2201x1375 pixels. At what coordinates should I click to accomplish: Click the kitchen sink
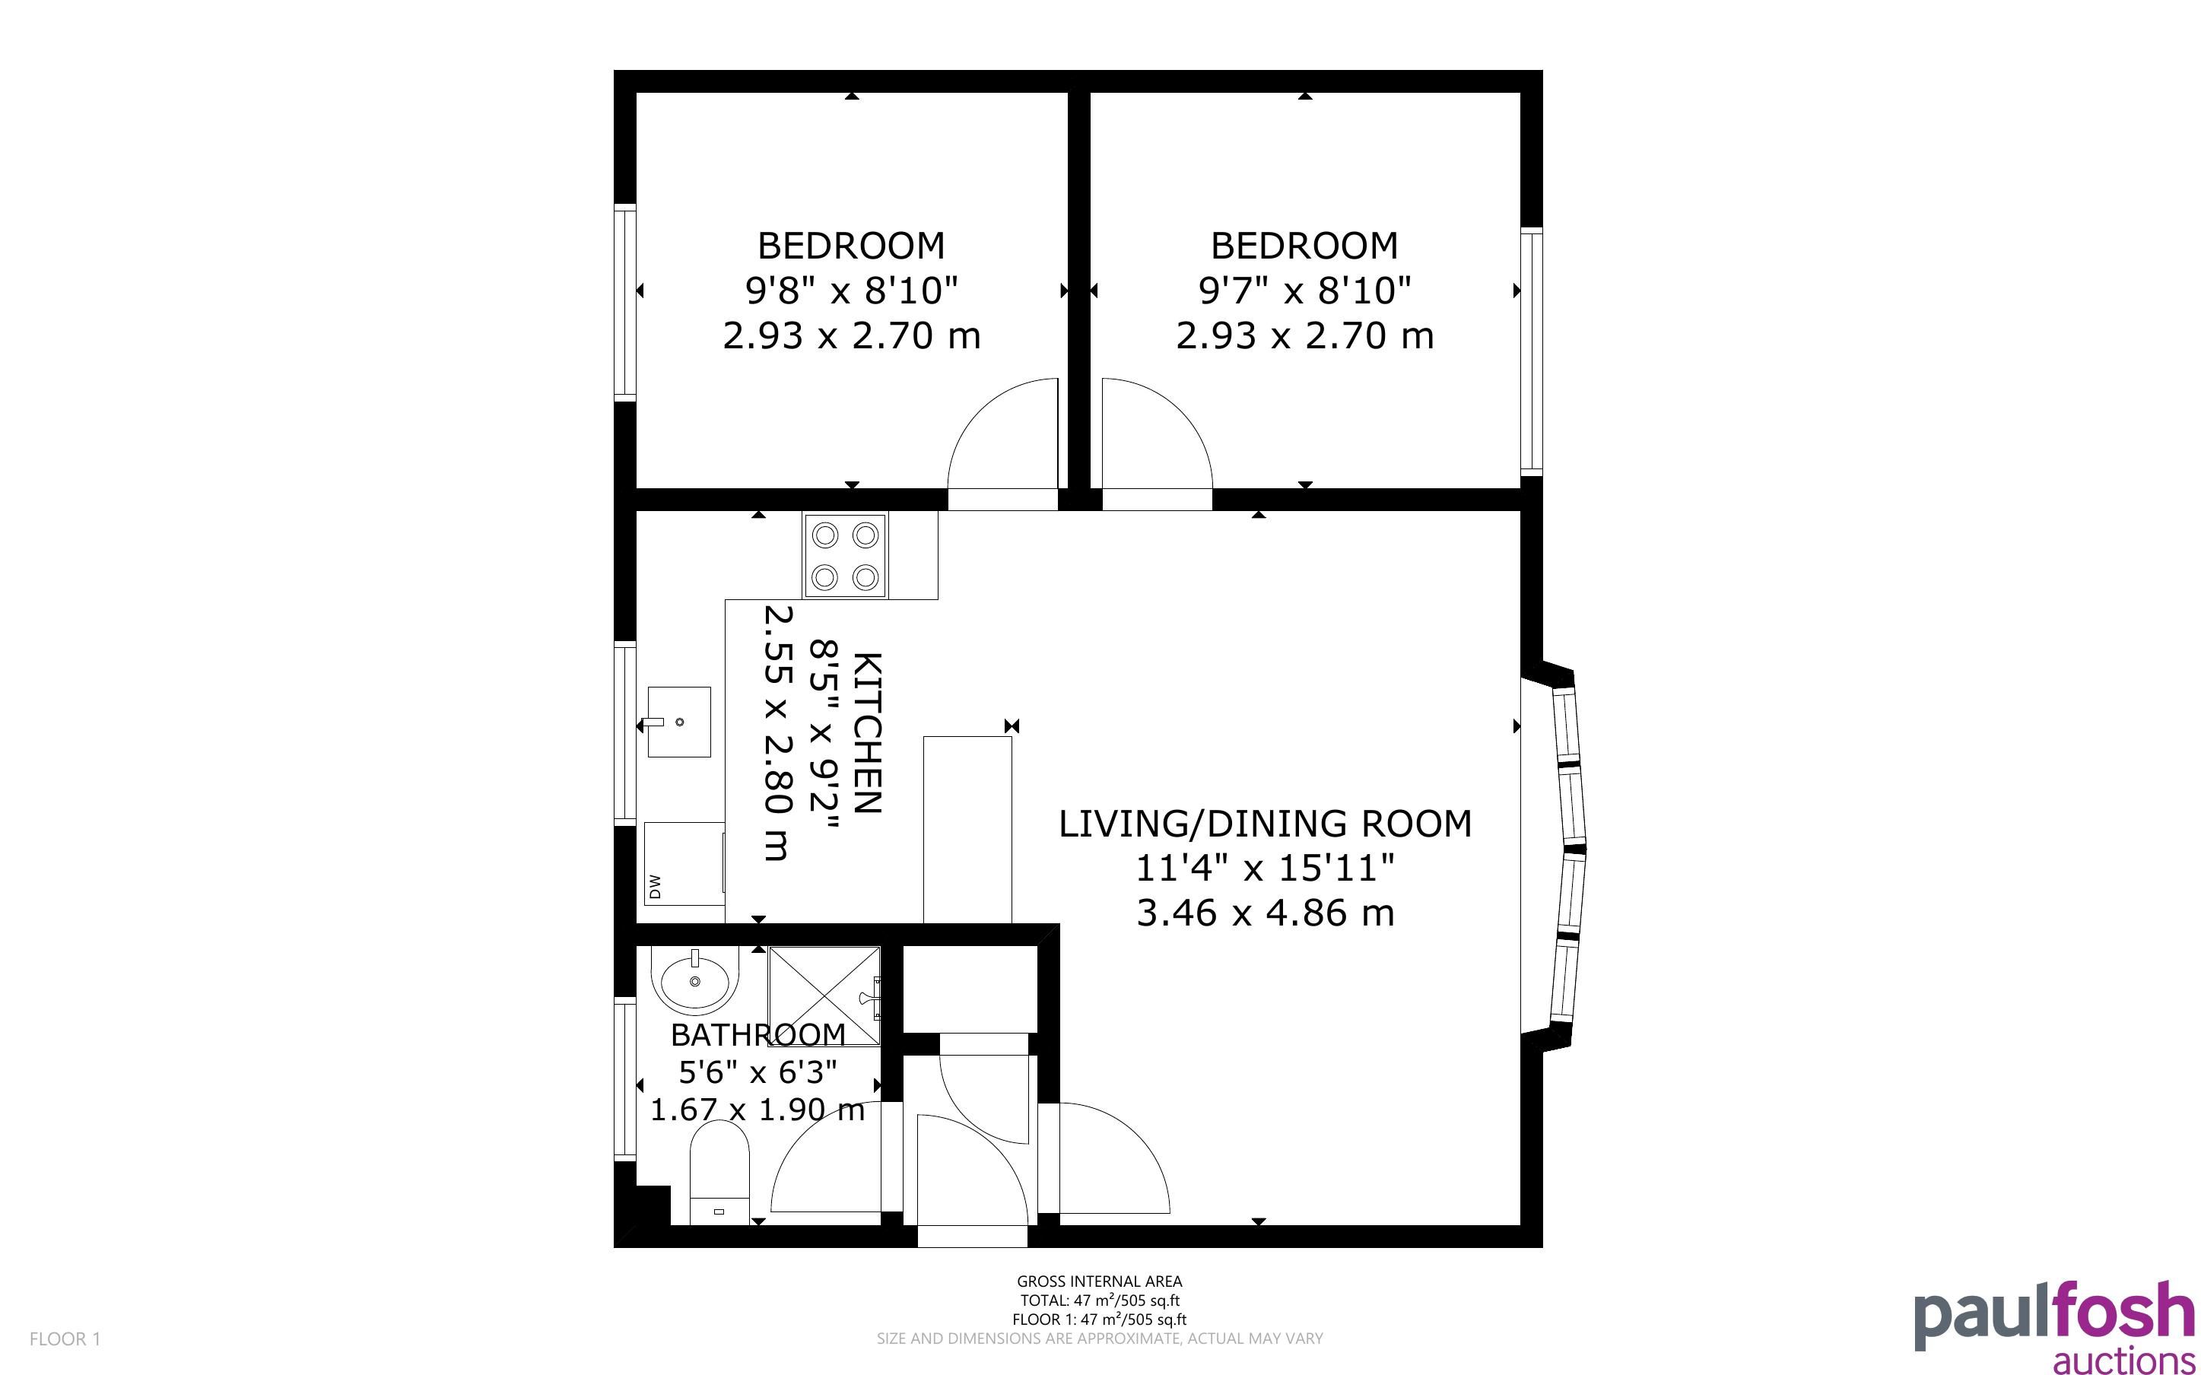point(678,721)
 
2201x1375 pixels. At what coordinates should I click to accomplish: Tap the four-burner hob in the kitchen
point(845,556)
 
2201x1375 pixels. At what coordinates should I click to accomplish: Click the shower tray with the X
point(824,996)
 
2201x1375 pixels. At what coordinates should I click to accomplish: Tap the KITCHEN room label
point(866,733)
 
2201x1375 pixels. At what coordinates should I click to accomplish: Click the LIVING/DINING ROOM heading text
point(1265,823)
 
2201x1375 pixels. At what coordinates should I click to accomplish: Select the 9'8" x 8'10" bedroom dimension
point(852,291)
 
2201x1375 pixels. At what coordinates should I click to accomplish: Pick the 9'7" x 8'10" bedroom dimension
point(1304,291)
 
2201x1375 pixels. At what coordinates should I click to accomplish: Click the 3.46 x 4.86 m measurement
point(1265,912)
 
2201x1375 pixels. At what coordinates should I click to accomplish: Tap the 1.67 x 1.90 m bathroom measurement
point(757,1110)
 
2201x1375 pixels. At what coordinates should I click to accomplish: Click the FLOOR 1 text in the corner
point(65,1338)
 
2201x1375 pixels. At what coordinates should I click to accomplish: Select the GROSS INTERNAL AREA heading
point(1099,1281)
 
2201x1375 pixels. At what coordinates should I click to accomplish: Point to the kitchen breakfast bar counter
point(967,830)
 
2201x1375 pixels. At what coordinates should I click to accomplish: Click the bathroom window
point(624,1078)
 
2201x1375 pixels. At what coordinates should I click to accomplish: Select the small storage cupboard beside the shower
point(970,989)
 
